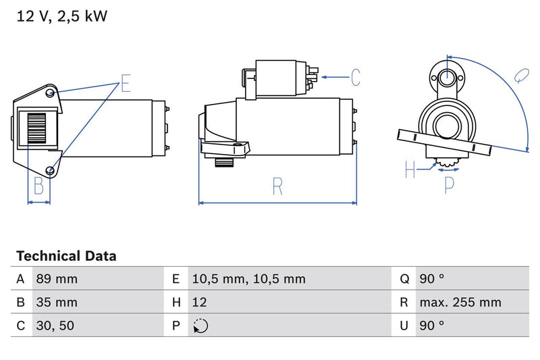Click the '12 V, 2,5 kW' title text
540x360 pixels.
point(61,16)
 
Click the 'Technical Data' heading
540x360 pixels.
point(66,256)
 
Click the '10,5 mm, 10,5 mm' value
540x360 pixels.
point(248,279)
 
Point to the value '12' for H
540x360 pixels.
point(200,302)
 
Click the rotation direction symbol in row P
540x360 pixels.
point(200,326)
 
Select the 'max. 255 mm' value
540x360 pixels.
point(460,302)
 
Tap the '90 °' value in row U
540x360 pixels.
point(431,326)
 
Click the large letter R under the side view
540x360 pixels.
point(277,186)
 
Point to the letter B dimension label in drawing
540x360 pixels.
point(38,186)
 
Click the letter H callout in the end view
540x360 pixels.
point(410,170)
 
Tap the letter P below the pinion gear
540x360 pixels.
point(450,184)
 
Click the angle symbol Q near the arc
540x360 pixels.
point(520,75)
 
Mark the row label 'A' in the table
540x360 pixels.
point(21,279)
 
